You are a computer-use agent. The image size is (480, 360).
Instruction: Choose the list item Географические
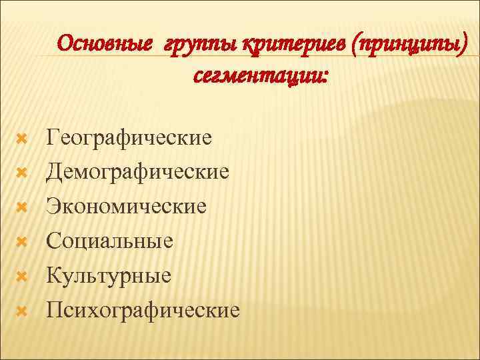pyautogui.click(x=129, y=138)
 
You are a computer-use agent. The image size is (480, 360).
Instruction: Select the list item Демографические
pyautogui.click(x=137, y=173)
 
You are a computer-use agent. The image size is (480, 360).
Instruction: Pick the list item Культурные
pyautogui.click(x=109, y=275)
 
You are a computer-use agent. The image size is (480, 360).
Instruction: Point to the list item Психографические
pyautogui.click(x=143, y=310)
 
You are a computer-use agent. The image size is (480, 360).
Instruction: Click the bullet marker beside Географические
pyautogui.click(x=21, y=139)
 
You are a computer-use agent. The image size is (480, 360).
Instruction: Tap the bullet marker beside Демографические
pyautogui.click(x=21, y=173)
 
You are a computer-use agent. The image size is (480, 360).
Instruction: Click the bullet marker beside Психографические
pyautogui.click(x=21, y=310)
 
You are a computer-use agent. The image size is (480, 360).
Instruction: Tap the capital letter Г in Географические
pyautogui.click(x=52, y=137)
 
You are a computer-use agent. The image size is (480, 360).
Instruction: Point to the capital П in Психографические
pyautogui.click(x=54, y=309)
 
